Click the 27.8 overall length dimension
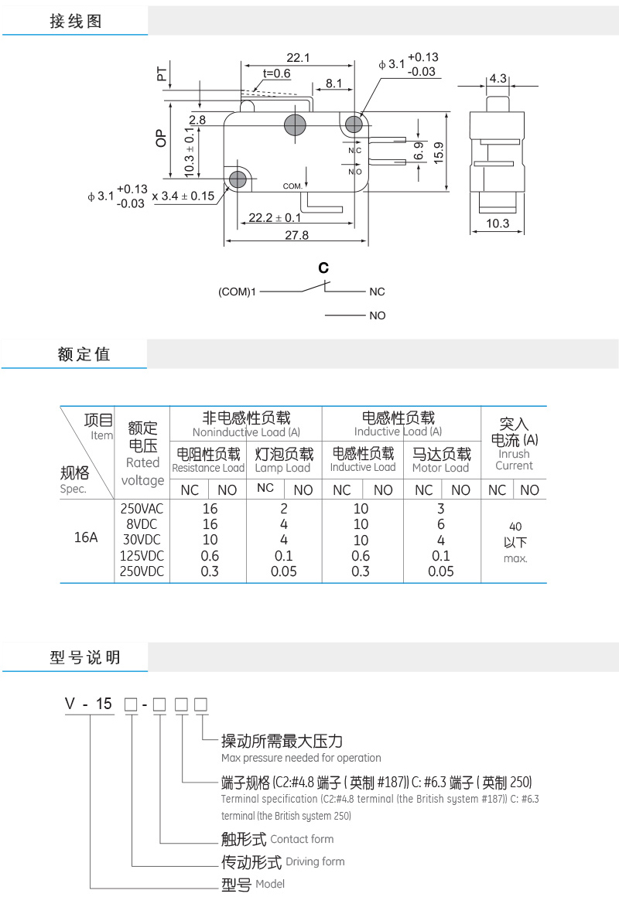pos(296,235)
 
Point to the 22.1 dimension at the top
pos(298,58)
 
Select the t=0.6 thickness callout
pos(276,73)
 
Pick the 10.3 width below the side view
pos(498,224)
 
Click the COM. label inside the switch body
pos(292,186)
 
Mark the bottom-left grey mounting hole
pos(238,179)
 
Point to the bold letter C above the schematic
pos(323,268)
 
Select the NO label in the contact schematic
pos(377,315)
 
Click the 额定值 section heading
pos(84,354)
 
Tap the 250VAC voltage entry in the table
pos(142,509)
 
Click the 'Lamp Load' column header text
pos(282,468)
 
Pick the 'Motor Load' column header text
pos(440,468)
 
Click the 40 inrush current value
pos(515,527)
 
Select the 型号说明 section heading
pos(85,658)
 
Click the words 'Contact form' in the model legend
pos(302,839)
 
